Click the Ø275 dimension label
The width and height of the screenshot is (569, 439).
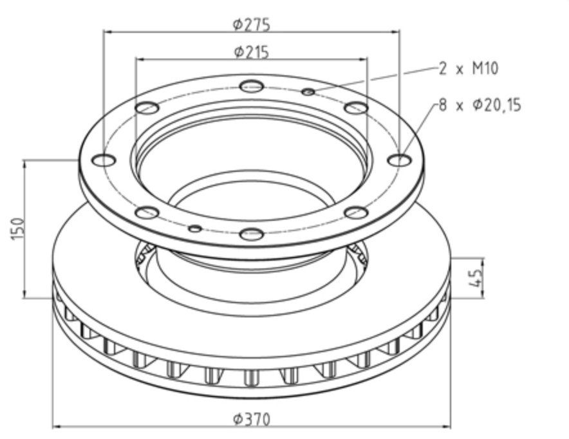(252, 25)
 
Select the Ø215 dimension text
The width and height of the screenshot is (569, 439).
(252, 52)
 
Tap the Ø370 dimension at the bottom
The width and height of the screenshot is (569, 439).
(252, 420)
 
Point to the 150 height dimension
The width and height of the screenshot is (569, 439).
(18, 229)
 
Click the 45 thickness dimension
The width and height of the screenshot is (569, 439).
(476, 277)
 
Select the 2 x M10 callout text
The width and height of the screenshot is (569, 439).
(469, 69)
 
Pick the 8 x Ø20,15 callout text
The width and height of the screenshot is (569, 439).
(480, 105)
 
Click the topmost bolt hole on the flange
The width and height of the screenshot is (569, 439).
(252, 86)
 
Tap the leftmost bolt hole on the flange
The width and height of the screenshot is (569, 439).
(104, 160)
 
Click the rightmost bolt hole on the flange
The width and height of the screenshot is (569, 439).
(400, 160)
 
